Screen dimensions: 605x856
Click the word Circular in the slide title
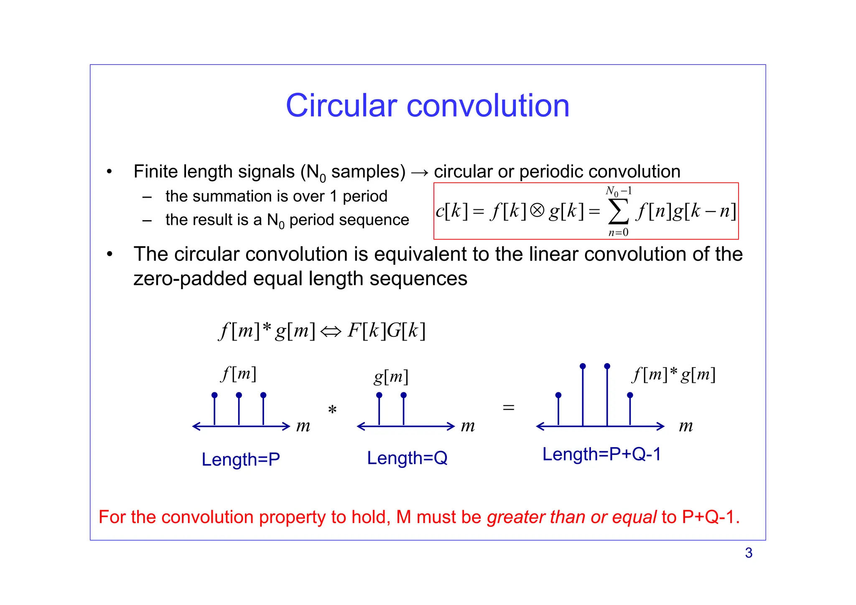click(341, 105)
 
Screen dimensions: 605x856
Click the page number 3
click(749, 553)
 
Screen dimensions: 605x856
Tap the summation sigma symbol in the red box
click(618, 211)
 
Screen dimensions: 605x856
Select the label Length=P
click(241, 459)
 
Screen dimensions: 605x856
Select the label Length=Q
click(407, 458)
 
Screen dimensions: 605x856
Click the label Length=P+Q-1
click(601, 454)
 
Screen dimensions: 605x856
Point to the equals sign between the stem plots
click(508, 407)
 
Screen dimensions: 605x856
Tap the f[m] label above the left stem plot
click(239, 374)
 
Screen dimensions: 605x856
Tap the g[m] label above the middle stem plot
click(391, 377)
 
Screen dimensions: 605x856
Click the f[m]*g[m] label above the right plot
click(674, 374)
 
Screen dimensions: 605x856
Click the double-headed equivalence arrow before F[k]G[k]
click(331, 332)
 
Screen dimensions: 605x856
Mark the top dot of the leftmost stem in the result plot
click(558, 395)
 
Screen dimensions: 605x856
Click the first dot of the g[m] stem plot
click(379, 395)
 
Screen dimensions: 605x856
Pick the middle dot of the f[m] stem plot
click(239, 395)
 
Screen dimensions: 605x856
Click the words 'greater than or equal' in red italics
click(572, 517)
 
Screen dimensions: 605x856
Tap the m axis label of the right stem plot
click(685, 426)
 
